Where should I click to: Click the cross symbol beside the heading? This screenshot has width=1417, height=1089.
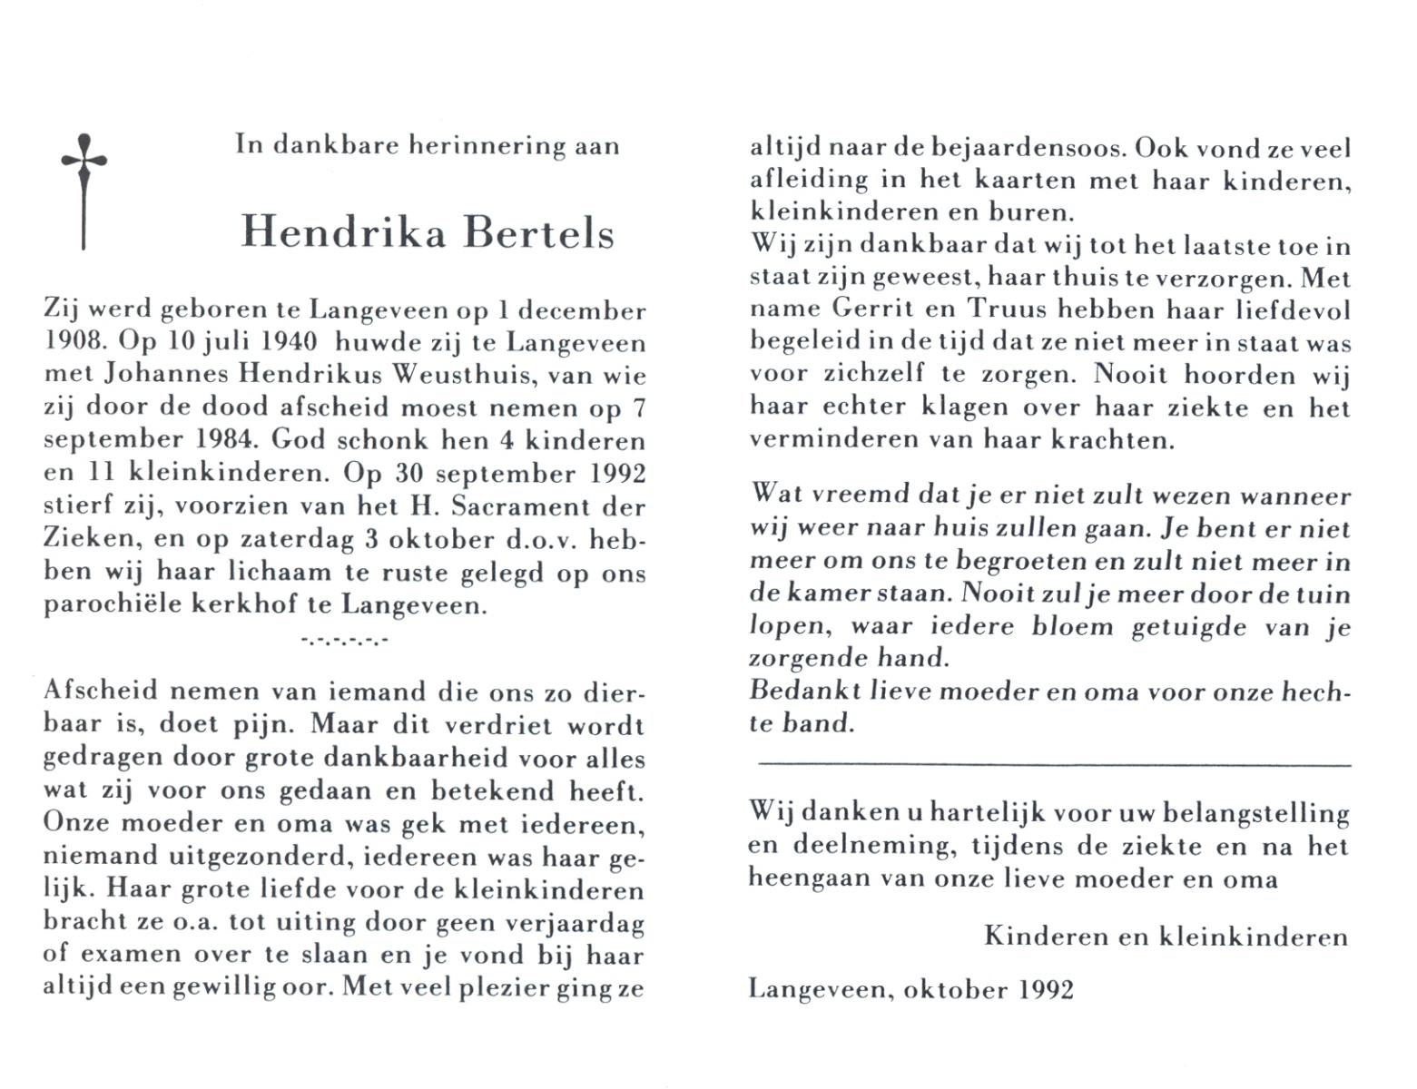[x=84, y=191]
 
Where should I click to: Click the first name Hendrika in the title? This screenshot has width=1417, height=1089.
[x=343, y=233]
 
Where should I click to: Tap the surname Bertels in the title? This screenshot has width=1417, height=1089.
[x=539, y=233]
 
